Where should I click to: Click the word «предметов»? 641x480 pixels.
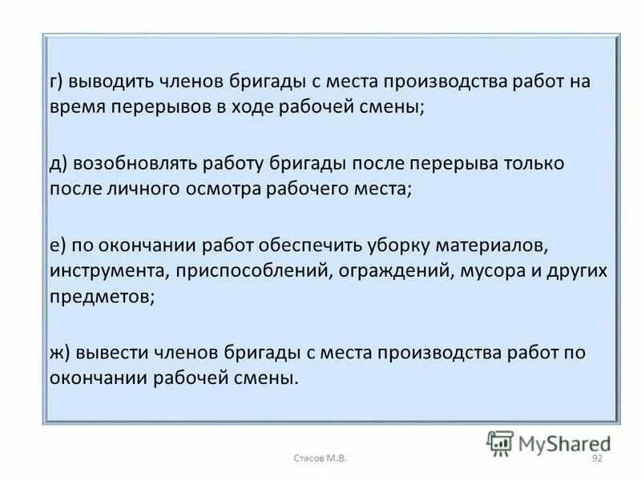coord(100,297)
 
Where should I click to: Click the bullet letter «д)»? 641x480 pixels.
coord(59,164)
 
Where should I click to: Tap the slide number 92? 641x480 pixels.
coord(596,458)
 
